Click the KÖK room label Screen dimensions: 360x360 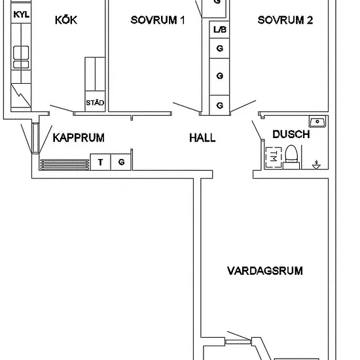pos(66,20)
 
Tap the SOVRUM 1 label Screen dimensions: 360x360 pos(158,20)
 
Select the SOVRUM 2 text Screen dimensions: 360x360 pos(285,20)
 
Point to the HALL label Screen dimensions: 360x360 pos(202,137)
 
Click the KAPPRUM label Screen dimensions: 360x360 pos(79,137)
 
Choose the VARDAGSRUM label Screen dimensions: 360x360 pos(265,271)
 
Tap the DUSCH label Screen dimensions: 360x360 pos(291,134)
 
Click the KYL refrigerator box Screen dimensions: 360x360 pos(21,14)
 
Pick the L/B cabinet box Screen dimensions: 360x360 pos(219,29)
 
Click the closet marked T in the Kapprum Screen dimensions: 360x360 pos(101,162)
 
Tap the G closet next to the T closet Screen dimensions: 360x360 pos(121,162)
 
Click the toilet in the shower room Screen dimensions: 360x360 pos(291,157)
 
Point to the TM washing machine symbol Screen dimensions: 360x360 pos(274,157)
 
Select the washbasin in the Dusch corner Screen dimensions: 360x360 pos(317,122)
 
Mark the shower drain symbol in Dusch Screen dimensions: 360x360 pos(316,165)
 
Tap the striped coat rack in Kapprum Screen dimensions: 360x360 pos(65,164)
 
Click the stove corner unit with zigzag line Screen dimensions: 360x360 pos(21,96)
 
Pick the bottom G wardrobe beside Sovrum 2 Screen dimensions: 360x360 pos(219,105)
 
